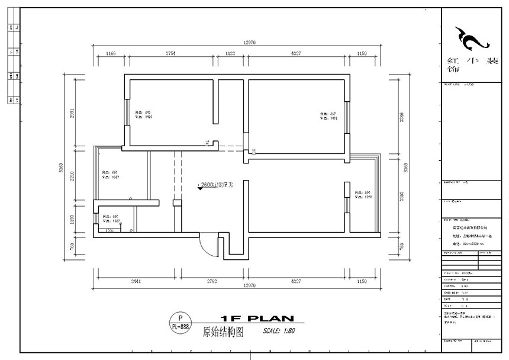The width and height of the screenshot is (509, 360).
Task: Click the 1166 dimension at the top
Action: pyautogui.click(x=110, y=53)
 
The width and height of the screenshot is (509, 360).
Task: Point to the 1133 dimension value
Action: pyautogui.click(x=230, y=53)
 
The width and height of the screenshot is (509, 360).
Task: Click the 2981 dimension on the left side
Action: pyautogui.click(x=72, y=113)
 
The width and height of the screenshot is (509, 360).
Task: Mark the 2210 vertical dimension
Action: pyautogui.click(x=72, y=175)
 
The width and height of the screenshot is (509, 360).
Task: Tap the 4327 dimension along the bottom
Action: pyautogui.click(x=296, y=281)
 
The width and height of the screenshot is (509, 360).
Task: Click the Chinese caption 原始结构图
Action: pyautogui.click(x=223, y=332)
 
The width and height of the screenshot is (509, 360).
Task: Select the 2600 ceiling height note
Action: pyautogui.click(x=215, y=185)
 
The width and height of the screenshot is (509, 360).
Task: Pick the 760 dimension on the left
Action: pyautogui.click(x=72, y=246)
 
